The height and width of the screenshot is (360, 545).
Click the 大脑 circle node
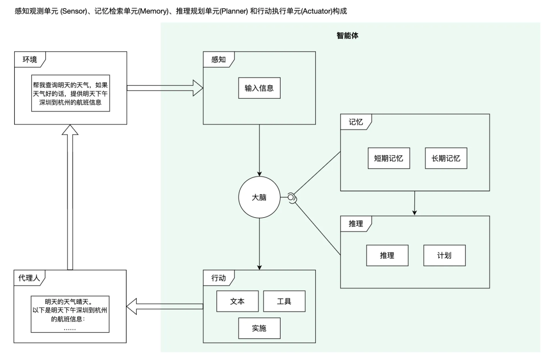(x=259, y=198)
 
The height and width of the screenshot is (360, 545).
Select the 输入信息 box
(x=259, y=88)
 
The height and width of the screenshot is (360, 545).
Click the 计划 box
(x=444, y=256)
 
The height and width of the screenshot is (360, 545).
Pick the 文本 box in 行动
(x=237, y=301)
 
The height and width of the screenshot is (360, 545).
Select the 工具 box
(x=284, y=301)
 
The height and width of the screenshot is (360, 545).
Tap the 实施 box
(x=259, y=329)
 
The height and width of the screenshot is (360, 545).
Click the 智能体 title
(x=348, y=36)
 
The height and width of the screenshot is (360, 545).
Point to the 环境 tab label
(x=30, y=59)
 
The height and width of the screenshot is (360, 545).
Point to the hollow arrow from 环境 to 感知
(x=165, y=88)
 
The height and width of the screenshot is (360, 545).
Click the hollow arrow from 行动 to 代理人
(x=165, y=305)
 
